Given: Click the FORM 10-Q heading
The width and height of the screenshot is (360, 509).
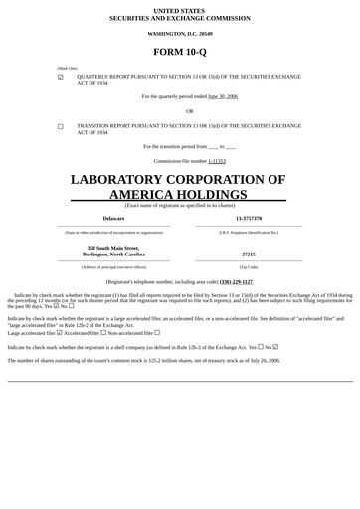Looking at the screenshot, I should (180, 51).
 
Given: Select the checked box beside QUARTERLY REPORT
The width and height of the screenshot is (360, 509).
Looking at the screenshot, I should (61, 77).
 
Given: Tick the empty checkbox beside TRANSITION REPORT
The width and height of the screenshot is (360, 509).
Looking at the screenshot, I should (61, 127).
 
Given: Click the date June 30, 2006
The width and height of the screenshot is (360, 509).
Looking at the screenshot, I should (222, 96).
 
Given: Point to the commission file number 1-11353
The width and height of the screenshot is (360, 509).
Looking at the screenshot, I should (217, 160).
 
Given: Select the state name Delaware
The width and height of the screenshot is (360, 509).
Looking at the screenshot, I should (113, 218).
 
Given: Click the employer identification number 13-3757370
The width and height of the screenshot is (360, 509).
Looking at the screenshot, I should (249, 218).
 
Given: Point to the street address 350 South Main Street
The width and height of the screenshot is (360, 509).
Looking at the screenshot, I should (113, 248).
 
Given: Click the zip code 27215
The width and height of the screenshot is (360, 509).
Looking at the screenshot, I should (249, 254).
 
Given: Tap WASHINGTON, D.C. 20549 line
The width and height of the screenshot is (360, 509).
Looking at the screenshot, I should (180, 34).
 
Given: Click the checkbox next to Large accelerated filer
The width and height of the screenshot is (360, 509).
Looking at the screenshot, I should (60, 333).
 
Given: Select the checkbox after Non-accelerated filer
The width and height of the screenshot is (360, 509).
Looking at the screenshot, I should (157, 333).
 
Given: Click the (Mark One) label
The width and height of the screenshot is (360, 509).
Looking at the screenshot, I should (67, 68).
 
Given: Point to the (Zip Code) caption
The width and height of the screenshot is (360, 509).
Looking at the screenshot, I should (249, 267).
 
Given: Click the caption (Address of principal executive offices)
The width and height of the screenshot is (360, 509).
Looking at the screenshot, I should (113, 267).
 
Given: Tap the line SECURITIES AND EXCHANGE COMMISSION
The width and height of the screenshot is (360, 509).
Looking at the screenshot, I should (180, 18).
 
